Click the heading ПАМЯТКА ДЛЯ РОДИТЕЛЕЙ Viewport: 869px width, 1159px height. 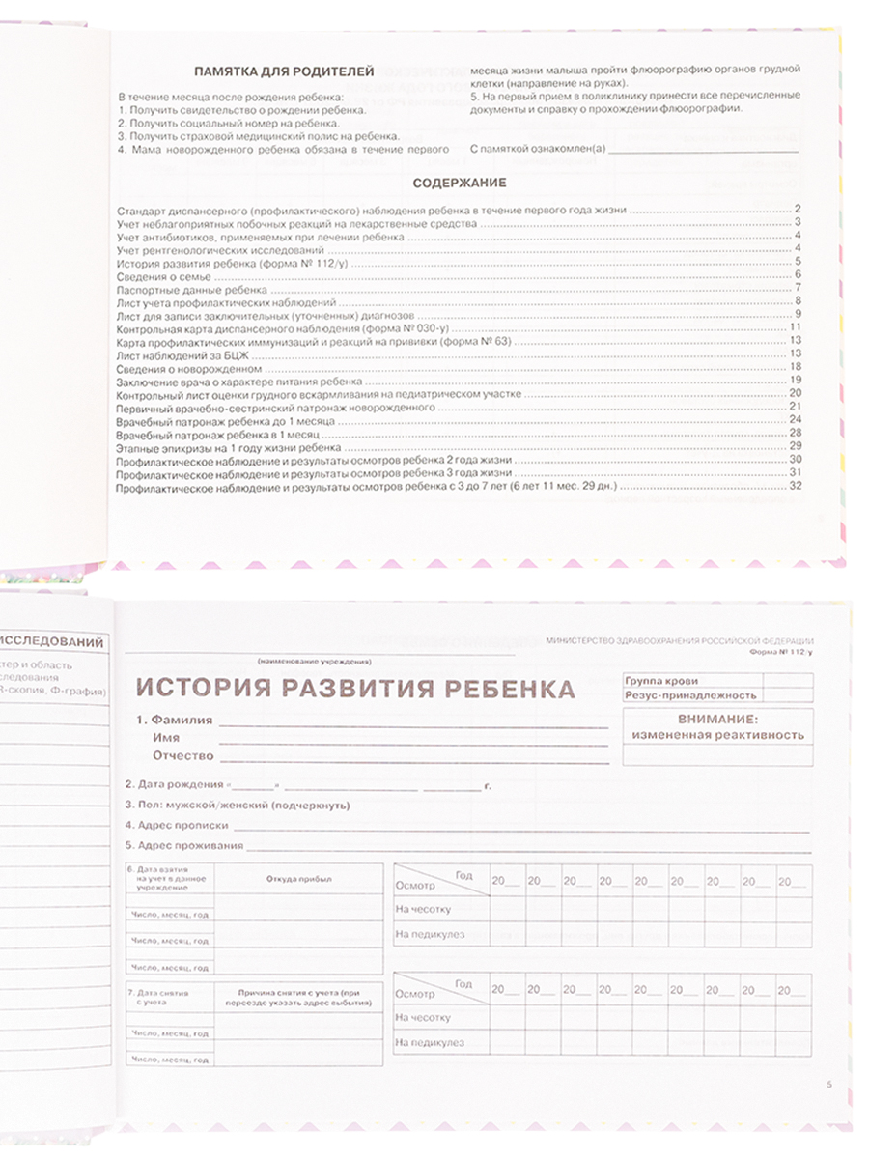click(284, 71)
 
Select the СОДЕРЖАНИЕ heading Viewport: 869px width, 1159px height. click(460, 183)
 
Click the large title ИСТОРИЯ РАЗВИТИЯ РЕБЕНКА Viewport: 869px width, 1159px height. click(354, 689)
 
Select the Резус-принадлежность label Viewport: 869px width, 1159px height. click(678, 695)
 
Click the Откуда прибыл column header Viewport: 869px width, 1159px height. click(297, 879)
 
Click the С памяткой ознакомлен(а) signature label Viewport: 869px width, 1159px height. click(537, 148)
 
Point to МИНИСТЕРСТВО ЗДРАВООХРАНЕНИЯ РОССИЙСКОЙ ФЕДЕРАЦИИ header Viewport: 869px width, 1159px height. click(679, 641)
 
